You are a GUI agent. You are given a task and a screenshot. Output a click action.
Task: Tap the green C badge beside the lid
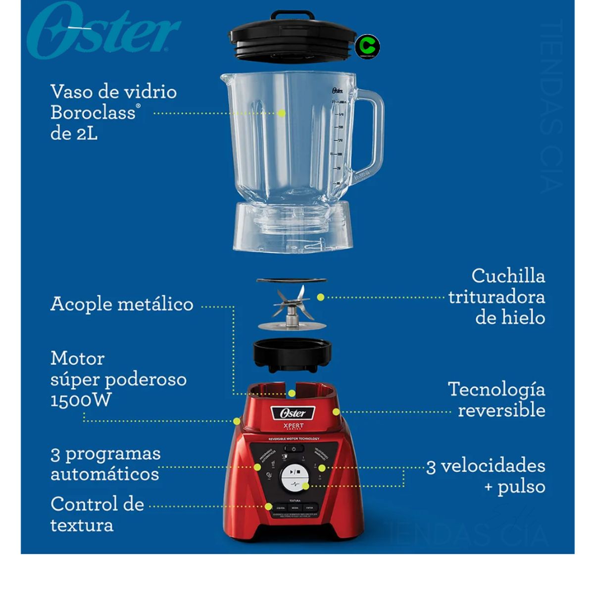pyautogui.click(x=367, y=47)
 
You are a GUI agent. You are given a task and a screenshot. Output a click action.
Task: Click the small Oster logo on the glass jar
pyautogui.click(x=337, y=91)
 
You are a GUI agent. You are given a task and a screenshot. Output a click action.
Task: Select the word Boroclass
pyautogui.click(x=93, y=113)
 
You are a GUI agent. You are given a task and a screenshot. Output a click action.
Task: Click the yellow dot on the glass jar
pyautogui.click(x=282, y=113)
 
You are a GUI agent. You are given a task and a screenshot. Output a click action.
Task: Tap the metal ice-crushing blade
pyautogui.click(x=291, y=303)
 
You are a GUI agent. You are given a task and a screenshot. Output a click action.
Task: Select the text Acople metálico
pyautogui.click(x=122, y=304)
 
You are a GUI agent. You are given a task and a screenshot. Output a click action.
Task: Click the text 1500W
pyautogui.click(x=81, y=400)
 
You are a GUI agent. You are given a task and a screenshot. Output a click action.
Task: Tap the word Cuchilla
pyautogui.click(x=508, y=276)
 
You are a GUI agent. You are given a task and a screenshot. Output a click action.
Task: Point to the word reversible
pyautogui.click(x=501, y=410)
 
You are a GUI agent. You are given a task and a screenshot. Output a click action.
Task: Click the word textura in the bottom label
pyautogui.click(x=82, y=525)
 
